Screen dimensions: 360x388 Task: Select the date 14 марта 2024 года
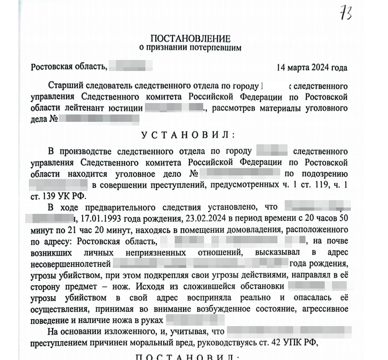312,68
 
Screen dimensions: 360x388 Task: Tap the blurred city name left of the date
126,68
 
